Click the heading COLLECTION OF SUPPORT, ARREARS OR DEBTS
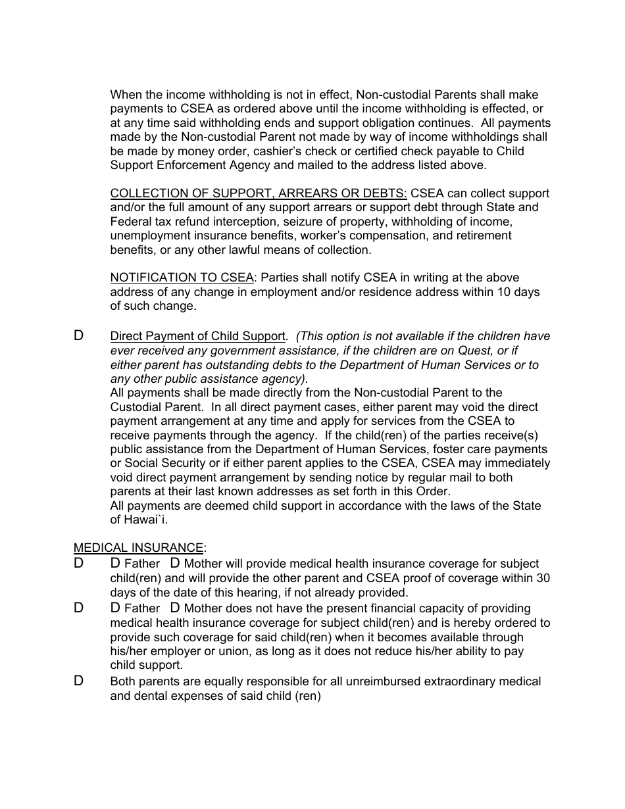pyautogui.click(x=259, y=193)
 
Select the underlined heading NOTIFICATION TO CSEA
pyautogui.click(x=182, y=278)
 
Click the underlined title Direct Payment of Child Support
pyautogui.click(x=197, y=336)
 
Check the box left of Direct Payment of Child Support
pyautogui.click(x=78, y=335)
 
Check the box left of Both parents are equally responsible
pyautogui.click(x=78, y=681)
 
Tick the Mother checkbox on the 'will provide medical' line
pyautogui.click(x=175, y=563)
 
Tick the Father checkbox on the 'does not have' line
pyautogui.click(x=115, y=608)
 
